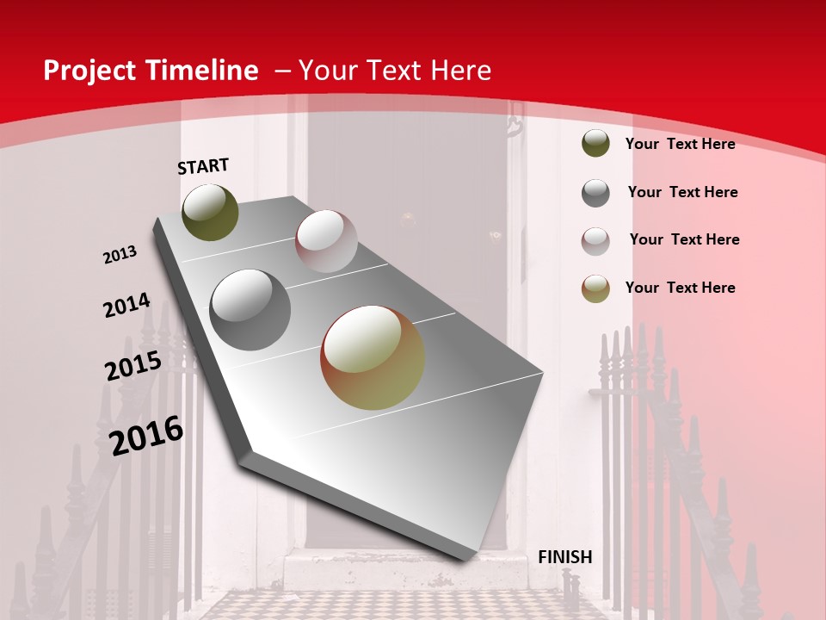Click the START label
coord(203,166)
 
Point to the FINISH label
coord(564,557)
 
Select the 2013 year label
coord(120,255)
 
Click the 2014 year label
coord(126,306)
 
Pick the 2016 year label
coord(146,436)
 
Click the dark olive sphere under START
coord(210,212)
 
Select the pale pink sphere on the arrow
coord(326,241)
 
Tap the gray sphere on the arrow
coord(250,310)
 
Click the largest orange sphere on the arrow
coord(373,357)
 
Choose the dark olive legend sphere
coord(595,143)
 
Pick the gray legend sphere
coord(595,193)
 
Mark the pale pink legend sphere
coord(595,241)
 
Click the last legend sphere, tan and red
coord(595,288)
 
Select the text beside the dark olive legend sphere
coord(680,144)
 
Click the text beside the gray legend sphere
coord(682,192)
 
